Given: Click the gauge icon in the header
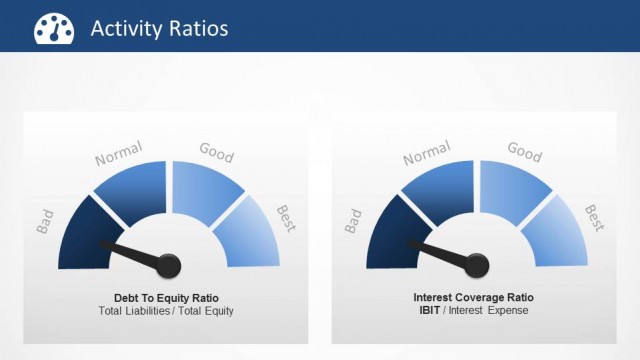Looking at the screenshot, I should (54, 28).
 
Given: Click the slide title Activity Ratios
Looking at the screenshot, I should (159, 28).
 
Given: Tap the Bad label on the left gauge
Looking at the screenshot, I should (45, 222).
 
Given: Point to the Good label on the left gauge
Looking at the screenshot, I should (216, 152).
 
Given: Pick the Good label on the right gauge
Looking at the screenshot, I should (524, 152).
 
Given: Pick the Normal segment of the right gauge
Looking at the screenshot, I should (437, 190).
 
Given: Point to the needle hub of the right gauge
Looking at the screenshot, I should (475, 266).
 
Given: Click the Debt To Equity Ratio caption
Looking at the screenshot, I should (166, 298).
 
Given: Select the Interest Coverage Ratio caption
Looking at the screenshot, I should (473, 298).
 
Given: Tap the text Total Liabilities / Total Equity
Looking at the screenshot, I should (166, 311).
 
